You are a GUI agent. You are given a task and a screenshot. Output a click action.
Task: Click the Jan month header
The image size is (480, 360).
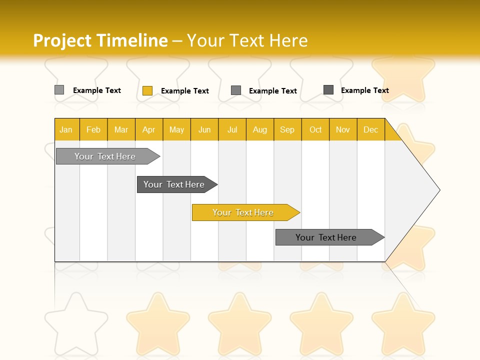[66, 129]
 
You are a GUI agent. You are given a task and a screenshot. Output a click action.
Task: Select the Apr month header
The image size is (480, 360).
[148, 129]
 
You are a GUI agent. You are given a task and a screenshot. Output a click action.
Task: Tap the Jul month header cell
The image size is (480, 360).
[232, 129]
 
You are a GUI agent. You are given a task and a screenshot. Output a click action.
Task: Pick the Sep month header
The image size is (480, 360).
[287, 129]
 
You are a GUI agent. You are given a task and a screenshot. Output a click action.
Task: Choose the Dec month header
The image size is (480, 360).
[370, 129]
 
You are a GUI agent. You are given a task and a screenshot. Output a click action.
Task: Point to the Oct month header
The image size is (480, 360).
[315, 129]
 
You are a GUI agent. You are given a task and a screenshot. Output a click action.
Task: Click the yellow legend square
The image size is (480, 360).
[147, 90]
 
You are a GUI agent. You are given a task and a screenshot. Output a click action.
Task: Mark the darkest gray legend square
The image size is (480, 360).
[328, 90]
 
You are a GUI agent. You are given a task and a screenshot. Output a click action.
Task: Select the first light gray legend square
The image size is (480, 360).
[59, 90]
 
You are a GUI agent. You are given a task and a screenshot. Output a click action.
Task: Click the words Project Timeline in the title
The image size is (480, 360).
[100, 40]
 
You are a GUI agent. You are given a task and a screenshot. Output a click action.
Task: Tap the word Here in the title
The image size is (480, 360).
[288, 40]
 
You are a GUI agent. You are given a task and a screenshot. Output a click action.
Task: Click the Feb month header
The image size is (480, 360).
[93, 129]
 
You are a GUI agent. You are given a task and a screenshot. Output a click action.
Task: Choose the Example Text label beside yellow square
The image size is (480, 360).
[185, 91]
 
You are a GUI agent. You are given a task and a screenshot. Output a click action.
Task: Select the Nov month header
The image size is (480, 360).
[343, 129]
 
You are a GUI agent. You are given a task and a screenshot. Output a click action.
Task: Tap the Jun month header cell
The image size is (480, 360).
[204, 129]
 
